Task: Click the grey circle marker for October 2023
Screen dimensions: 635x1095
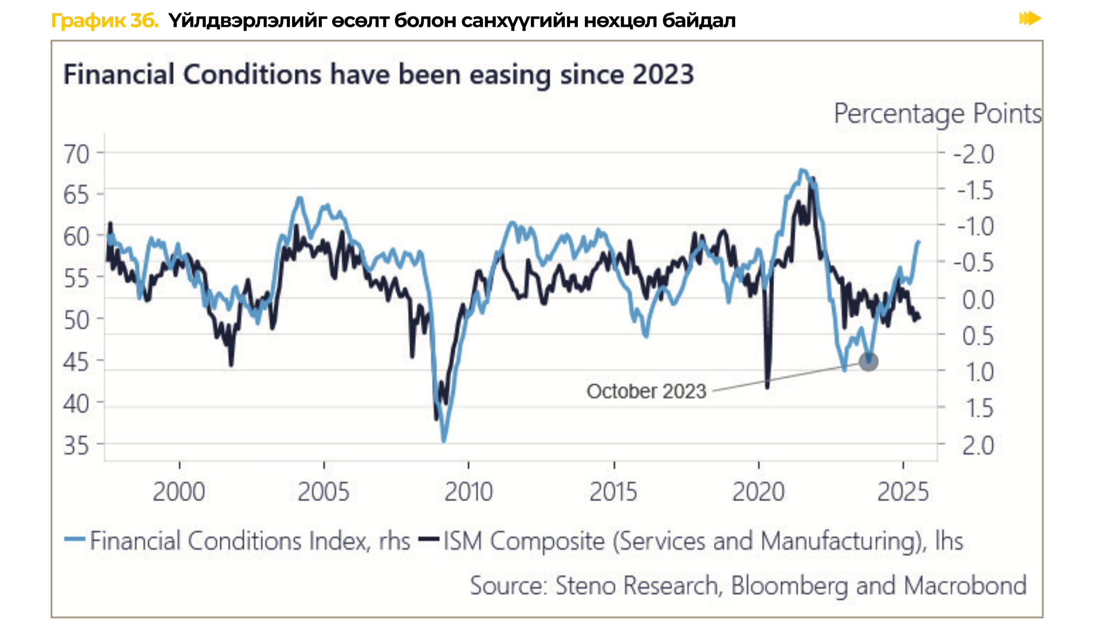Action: tap(868, 361)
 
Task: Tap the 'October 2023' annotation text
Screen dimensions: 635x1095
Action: tap(646, 392)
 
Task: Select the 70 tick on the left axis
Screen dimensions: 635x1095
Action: tap(76, 154)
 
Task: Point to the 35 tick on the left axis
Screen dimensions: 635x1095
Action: tap(76, 445)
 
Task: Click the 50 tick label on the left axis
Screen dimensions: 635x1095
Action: tap(76, 320)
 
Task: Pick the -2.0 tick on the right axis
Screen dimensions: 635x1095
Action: tap(973, 154)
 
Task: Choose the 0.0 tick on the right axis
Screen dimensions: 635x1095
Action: tap(978, 300)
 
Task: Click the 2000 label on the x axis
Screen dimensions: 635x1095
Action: tap(179, 492)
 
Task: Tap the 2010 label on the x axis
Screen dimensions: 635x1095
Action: tap(468, 492)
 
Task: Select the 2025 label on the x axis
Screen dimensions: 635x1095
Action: tap(903, 492)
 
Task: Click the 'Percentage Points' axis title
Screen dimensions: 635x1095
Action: tap(937, 114)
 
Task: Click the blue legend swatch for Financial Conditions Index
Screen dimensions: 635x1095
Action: tap(75, 539)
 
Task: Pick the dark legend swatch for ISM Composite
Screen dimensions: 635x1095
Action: tap(429, 539)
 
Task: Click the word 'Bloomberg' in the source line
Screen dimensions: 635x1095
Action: tap(789, 585)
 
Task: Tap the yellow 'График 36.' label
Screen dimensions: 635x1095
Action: tap(105, 21)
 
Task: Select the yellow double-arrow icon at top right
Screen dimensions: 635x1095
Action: tap(1030, 19)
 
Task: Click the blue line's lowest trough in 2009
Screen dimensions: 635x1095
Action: tap(444, 440)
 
